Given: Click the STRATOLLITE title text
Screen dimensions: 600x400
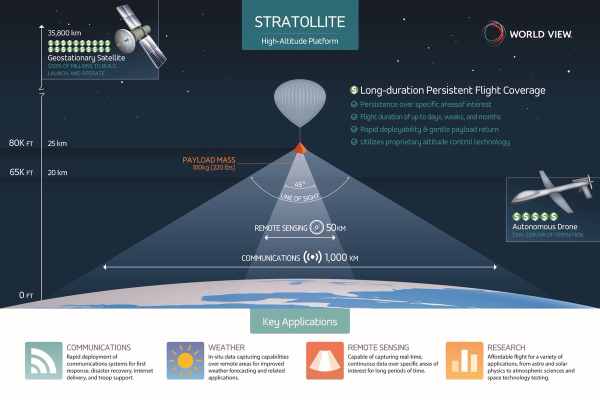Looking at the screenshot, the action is click(299, 21).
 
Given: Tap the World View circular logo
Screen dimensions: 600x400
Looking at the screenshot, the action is click(493, 33).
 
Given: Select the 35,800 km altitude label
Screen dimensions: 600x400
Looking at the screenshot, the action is click(64, 33).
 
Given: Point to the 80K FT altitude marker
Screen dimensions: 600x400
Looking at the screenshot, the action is click(21, 143).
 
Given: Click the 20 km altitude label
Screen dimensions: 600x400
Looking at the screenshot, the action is click(57, 172).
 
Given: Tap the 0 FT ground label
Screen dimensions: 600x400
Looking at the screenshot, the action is click(26, 295).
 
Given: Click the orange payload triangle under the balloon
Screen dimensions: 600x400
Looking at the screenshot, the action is click(300, 148).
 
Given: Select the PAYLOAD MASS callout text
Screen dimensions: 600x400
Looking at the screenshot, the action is click(209, 160).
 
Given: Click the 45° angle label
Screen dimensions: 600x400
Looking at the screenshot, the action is click(299, 184).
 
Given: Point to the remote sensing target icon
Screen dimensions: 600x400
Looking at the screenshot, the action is click(316, 227).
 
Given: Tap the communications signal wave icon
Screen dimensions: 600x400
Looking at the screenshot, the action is click(312, 257).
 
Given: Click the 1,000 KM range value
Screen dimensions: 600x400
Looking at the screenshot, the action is click(341, 257).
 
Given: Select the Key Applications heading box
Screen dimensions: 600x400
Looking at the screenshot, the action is click(299, 321).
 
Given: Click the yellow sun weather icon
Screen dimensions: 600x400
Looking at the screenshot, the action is click(185, 360).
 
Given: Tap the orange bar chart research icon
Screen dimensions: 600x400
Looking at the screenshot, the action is click(464, 360).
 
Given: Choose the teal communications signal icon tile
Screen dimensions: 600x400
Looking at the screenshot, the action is click(43, 360).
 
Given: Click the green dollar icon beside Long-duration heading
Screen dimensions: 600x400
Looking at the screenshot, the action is click(354, 90).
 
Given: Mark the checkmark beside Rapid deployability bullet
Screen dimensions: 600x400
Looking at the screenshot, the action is click(354, 129).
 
